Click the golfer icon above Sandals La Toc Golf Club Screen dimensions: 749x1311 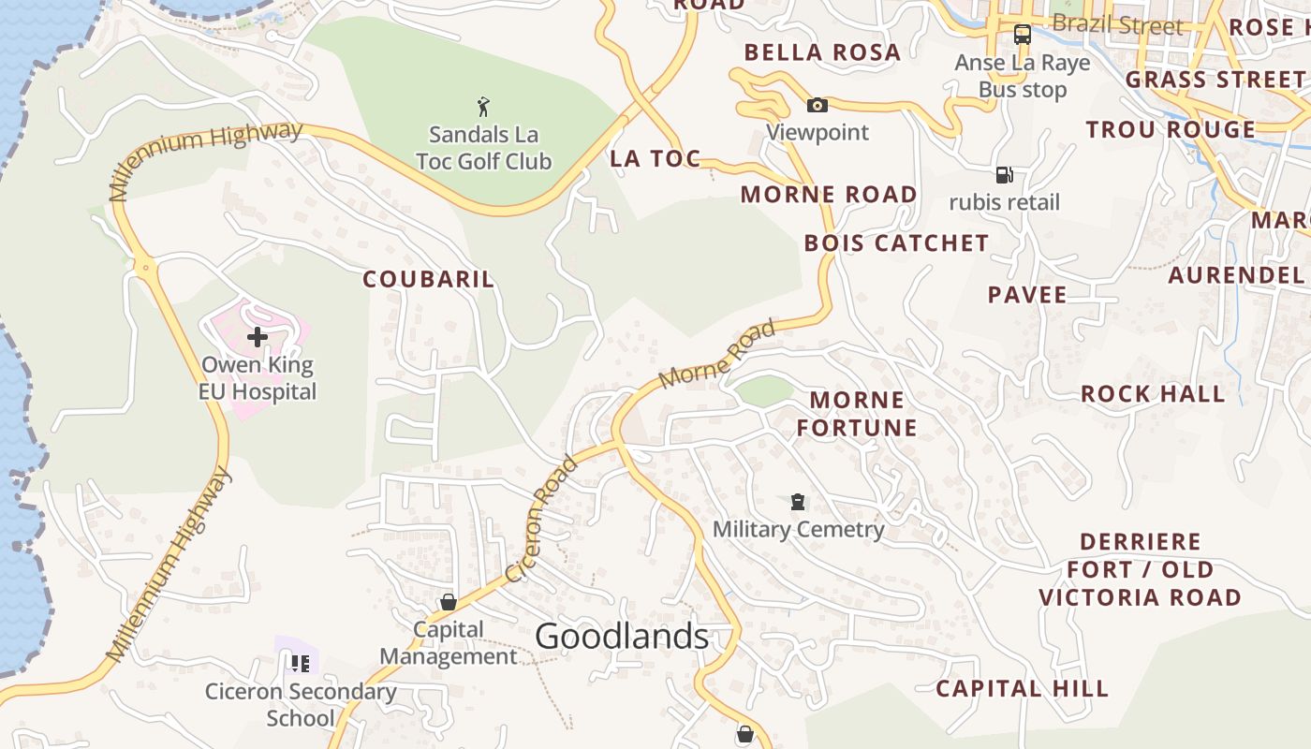(x=483, y=106)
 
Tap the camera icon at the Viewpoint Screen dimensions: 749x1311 (x=818, y=105)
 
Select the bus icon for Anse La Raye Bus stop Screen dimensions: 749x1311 (x=1023, y=35)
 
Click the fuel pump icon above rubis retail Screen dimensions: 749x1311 (x=1004, y=174)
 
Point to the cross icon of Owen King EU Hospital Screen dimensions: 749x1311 (x=257, y=337)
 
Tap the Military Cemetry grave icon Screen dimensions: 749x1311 (x=798, y=502)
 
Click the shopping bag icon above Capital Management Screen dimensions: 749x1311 (x=449, y=602)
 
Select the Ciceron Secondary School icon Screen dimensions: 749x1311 (x=300, y=664)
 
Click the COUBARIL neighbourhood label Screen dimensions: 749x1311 (x=429, y=279)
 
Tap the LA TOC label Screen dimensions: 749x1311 (x=655, y=159)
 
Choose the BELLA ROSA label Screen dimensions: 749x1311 (x=822, y=52)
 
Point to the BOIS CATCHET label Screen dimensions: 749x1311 (x=896, y=243)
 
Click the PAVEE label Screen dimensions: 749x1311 (x=1027, y=295)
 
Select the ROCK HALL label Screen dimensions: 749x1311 (x=1153, y=394)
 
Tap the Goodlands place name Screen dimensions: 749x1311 (x=622, y=637)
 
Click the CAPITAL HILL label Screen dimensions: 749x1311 (x=1023, y=689)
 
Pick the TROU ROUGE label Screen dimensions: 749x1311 (x=1171, y=129)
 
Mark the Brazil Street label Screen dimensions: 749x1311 (x=1117, y=24)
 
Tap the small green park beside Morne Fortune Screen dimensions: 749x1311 (x=764, y=390)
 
